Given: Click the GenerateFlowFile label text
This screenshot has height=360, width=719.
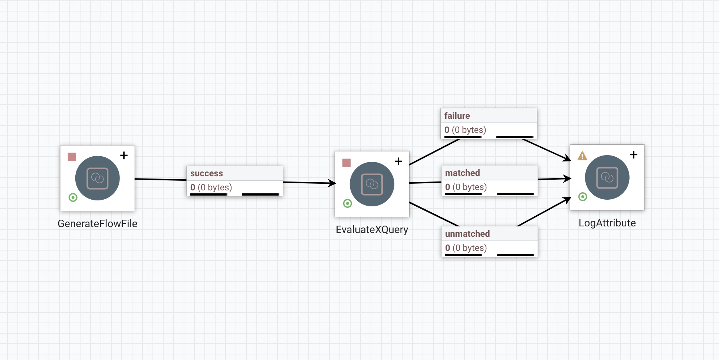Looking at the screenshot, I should click(98, 223).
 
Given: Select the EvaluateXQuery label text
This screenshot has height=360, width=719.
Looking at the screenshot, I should click(372, 229).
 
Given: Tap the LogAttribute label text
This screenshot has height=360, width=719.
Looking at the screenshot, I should click(607, 223).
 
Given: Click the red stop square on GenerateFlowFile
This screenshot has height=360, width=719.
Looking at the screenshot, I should click(72, 157).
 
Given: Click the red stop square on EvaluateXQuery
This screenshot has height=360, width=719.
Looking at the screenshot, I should click(347, 163).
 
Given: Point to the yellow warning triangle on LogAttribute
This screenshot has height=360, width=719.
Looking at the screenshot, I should click(582, 156).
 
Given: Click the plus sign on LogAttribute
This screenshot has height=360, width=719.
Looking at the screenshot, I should click(634, 155).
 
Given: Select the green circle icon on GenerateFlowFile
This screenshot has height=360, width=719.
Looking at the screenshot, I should click(73, 197).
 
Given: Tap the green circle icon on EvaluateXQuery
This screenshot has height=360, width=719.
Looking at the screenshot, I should click(348, 203).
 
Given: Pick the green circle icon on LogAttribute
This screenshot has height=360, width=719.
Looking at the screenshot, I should click(583, 197).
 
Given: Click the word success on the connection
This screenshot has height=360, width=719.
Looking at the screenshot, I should click(206, 173).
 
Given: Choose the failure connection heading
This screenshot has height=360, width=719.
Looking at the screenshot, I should click(457, 116).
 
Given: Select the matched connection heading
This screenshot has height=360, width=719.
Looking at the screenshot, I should click(462, 173).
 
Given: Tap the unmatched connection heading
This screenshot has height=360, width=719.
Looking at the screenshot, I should click(467, 234).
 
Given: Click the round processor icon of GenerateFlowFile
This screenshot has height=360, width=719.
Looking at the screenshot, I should click(98, 178).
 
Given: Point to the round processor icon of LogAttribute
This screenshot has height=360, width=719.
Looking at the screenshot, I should click(607, 177).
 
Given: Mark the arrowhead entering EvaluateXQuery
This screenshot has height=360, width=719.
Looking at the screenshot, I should click(332, 183).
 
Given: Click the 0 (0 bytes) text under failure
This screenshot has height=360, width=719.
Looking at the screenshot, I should click(465, 130).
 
